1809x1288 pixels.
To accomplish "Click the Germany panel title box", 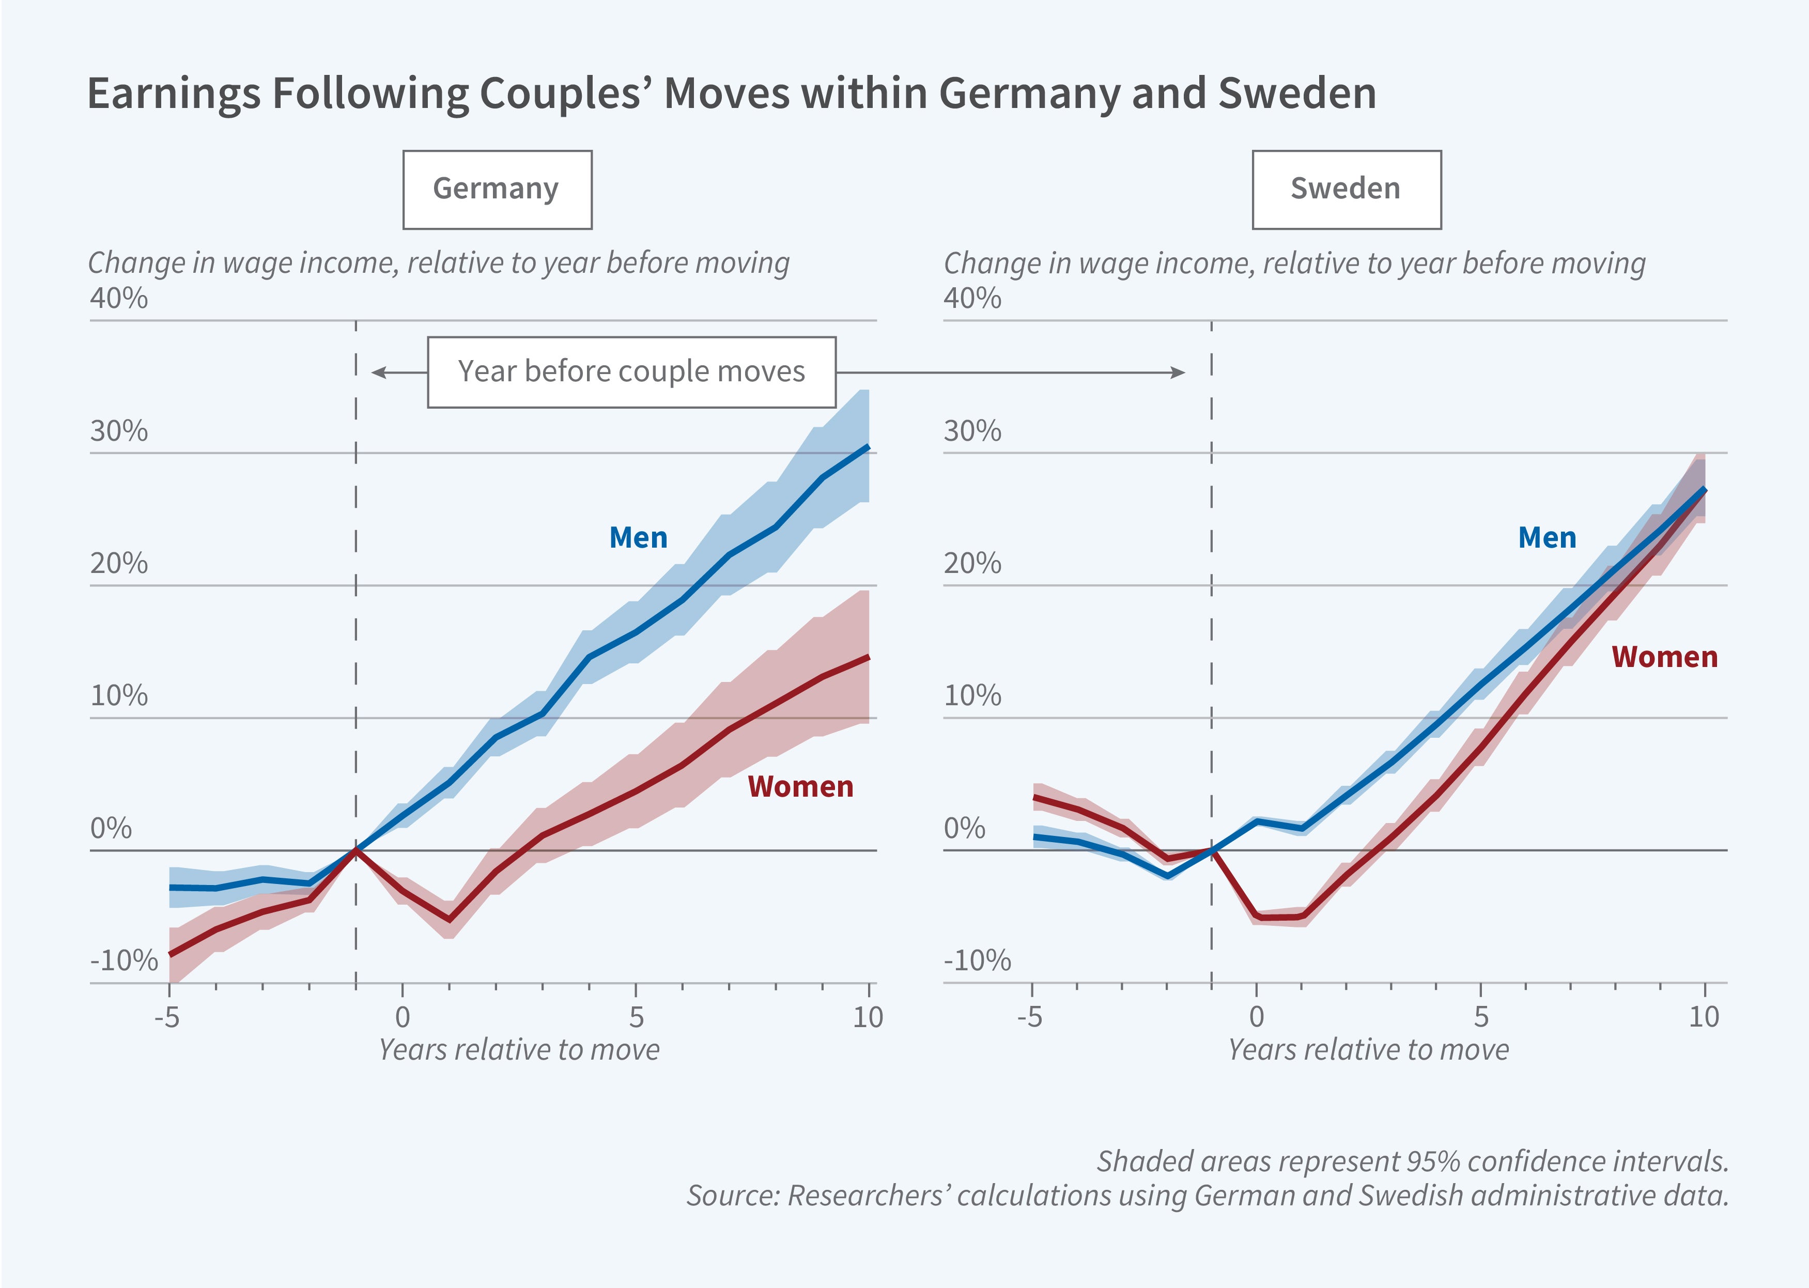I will (497, 190).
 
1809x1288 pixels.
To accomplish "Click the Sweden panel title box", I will (1346, 190).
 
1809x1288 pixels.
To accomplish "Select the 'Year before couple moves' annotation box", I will (631, 372).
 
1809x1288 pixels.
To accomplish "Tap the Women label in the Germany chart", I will (800, 787).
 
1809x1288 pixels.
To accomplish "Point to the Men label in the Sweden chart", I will (1547, 538).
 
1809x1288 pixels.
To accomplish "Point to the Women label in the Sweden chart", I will (1664, 658).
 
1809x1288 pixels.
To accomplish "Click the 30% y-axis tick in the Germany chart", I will (119, 431).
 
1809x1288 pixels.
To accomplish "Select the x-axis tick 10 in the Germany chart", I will (868, 1017).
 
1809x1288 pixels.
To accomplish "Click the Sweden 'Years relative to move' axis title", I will (1368, 1050).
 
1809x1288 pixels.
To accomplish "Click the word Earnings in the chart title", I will (173, 94).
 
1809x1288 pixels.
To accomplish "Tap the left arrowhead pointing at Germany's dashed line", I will (378, 372).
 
